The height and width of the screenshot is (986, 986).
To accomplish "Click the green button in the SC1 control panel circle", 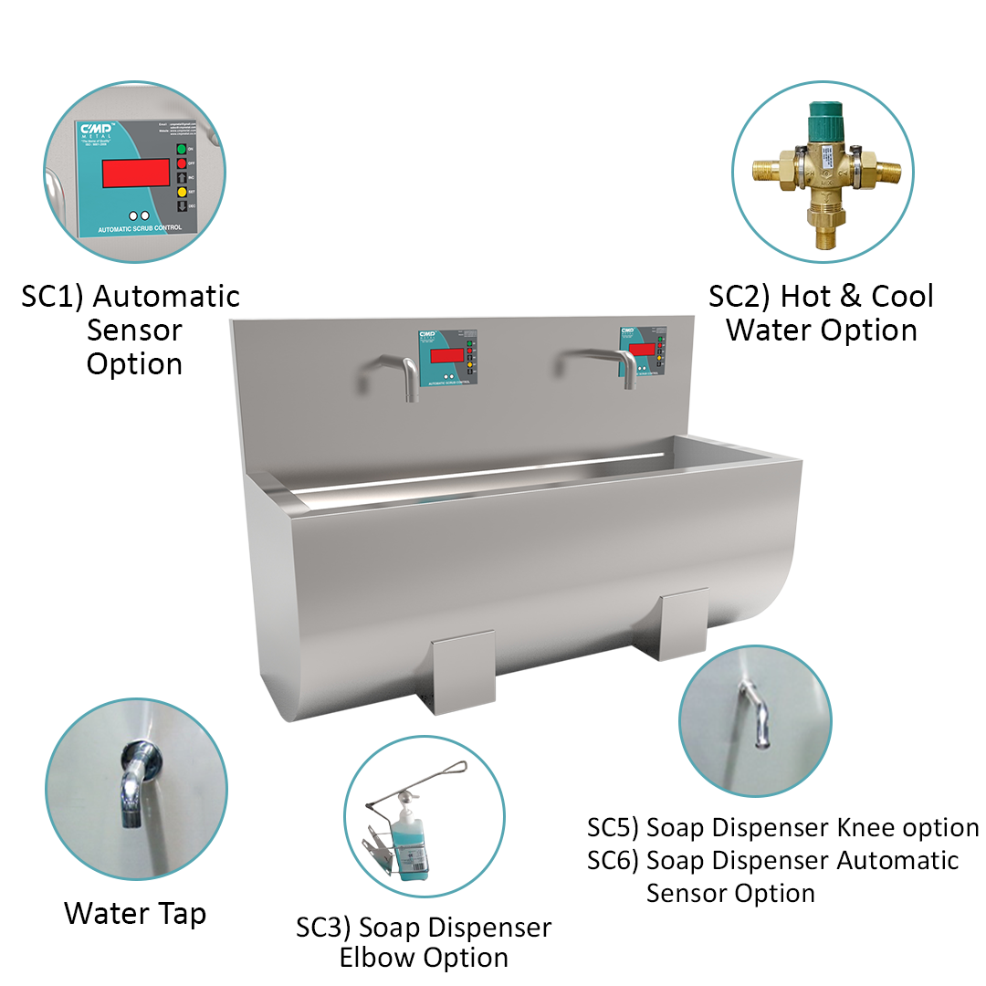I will (181, 149).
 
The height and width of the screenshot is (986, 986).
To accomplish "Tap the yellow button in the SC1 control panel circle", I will (181, 192).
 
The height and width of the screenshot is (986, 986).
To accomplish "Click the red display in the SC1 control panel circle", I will (135, 173).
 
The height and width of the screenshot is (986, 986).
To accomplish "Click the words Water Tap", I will (135, 913).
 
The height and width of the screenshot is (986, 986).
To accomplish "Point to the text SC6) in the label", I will (613, 860).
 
